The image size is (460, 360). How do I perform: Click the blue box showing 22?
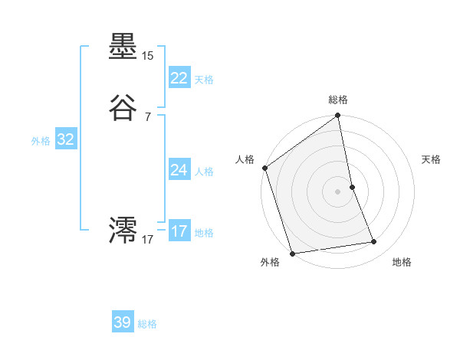point(179,78)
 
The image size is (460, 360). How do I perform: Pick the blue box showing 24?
point(179,170)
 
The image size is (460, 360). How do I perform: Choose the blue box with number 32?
point(65,139)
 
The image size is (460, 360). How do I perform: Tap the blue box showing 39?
point(123,322)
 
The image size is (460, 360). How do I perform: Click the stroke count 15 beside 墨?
point(147,56)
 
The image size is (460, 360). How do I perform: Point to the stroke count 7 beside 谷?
point(147,117)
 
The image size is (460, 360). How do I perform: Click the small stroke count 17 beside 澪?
point(147,240)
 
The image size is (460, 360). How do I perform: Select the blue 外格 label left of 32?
point(41,141)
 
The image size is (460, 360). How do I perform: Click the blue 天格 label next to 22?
point(204,80)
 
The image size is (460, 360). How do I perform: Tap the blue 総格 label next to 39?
point(147,324)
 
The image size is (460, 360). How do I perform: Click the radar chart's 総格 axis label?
point(338,100)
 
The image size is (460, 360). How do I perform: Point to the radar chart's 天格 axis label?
point(431,159)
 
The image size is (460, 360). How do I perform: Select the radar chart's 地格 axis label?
point(402,262)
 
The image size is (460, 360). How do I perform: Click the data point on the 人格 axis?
point(265,168)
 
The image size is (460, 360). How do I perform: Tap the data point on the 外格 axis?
point(292,253)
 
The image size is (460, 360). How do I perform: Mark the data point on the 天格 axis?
point(352,187)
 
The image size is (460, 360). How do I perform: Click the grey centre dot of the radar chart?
point(338,191)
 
